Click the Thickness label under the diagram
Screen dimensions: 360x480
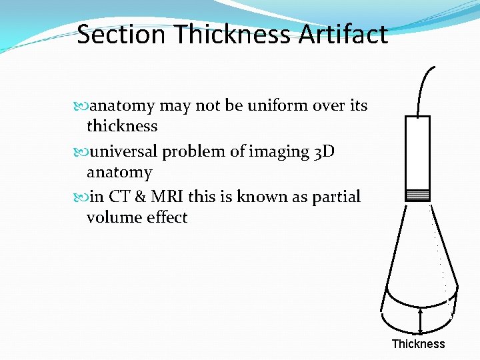pos(418,344)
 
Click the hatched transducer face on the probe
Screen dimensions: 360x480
pos(418,195)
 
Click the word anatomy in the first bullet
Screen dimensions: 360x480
pos(122,105)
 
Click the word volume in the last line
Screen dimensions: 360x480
pos(111,217)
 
